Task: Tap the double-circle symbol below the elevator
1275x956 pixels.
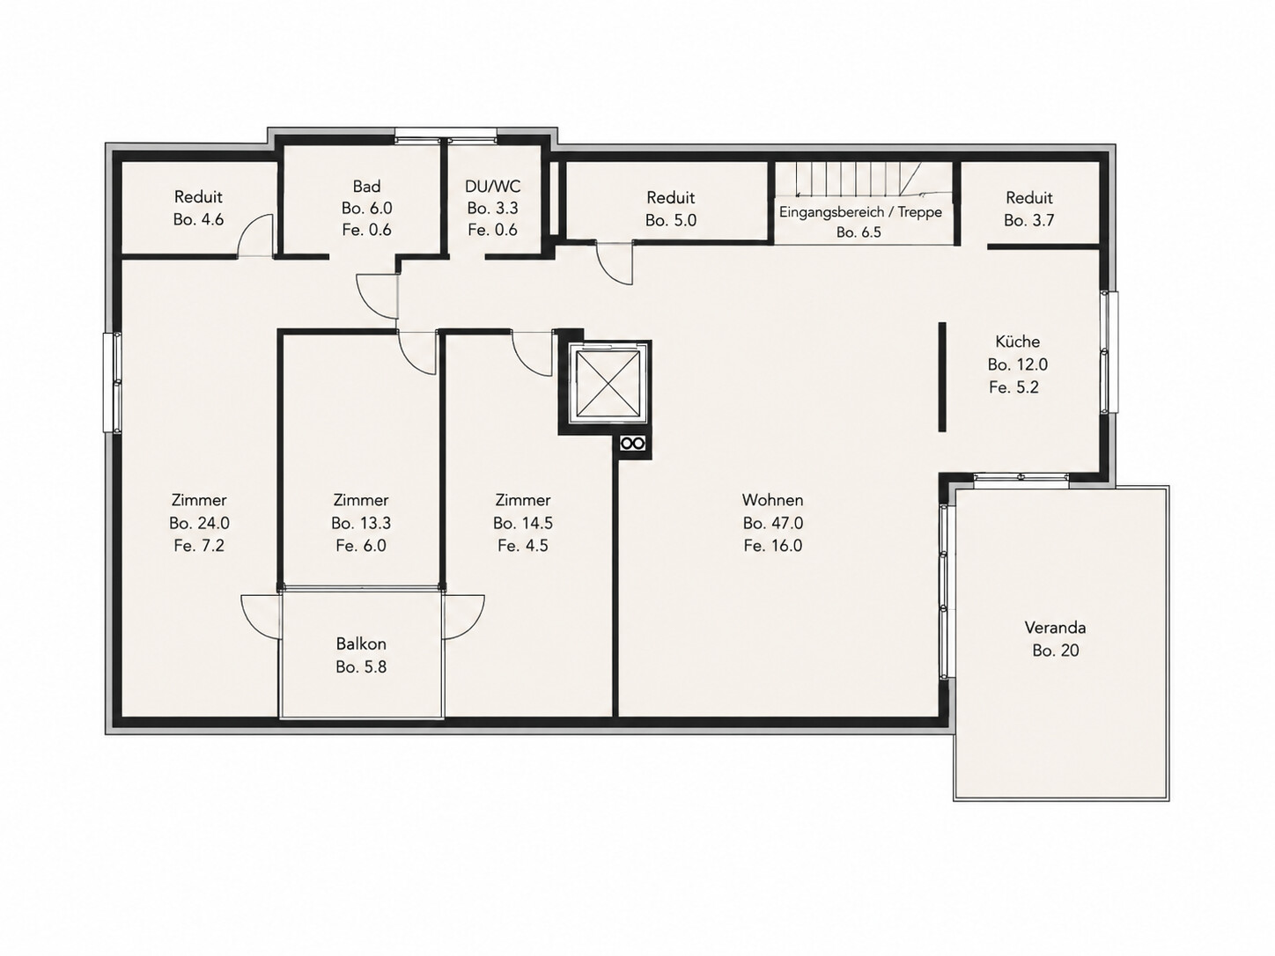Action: point(632,444)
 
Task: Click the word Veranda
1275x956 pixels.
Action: point(1055,628)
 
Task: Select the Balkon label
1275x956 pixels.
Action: point(361,643)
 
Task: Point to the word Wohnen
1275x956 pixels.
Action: point(772,500)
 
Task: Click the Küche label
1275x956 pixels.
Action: point(1017,342)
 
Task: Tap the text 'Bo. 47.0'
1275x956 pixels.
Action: point(772,523)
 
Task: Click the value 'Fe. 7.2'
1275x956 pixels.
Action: point(199,546)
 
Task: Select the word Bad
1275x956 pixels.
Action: point(366,187)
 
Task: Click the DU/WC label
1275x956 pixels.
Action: point(492,187)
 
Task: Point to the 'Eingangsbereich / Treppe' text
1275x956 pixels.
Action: point(860,212)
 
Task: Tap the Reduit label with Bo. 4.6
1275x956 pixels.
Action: point(198,197)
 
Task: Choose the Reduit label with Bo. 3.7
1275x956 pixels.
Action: point(1029,198)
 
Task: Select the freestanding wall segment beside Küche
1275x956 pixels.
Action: point(942,377)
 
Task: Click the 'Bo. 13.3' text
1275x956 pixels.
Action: point(361,523)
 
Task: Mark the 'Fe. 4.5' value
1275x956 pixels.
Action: point(523,546)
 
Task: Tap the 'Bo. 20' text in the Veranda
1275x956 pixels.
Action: point(1056,651)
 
